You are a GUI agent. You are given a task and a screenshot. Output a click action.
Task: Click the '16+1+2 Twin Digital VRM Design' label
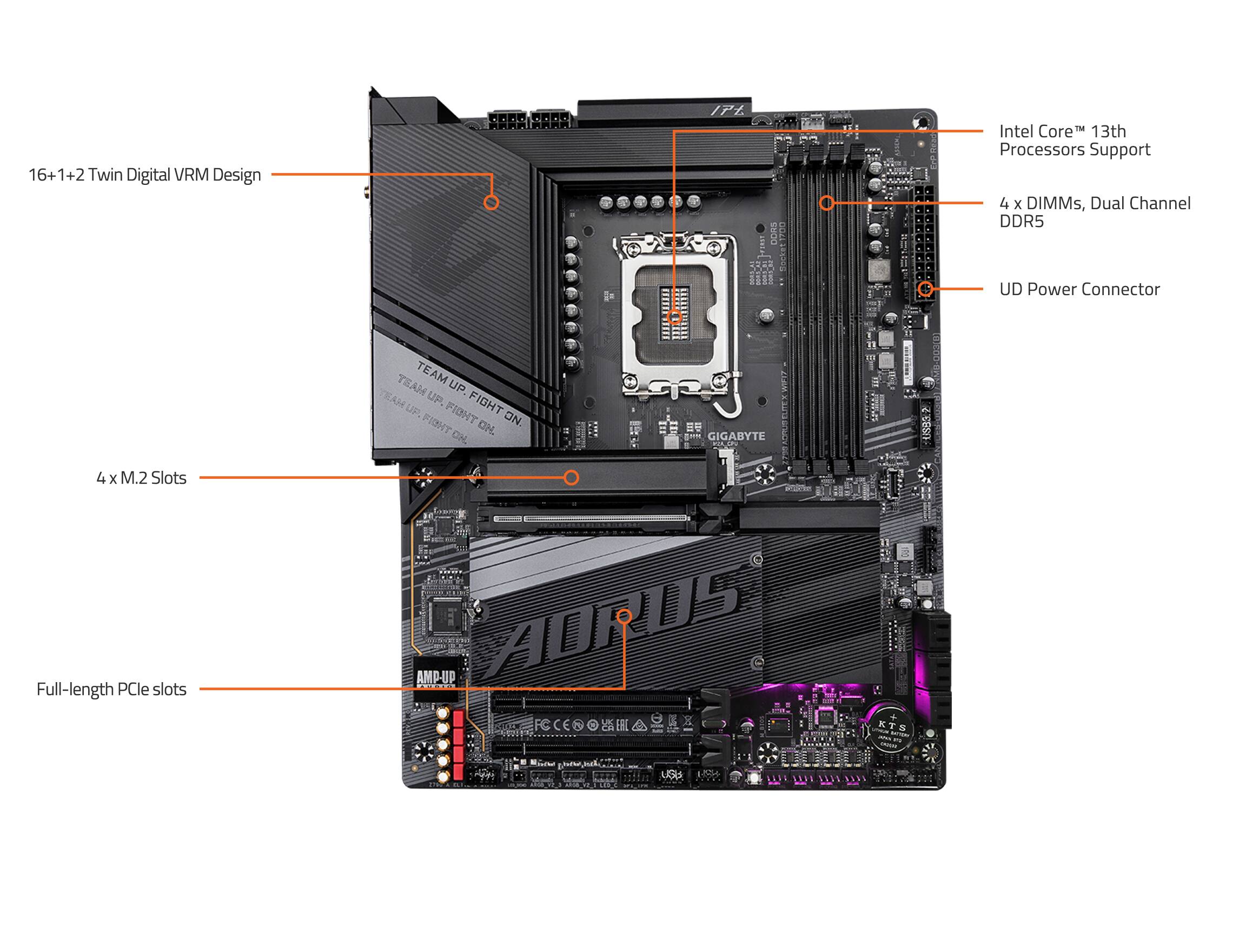pyautogui.click(x=145, y=175)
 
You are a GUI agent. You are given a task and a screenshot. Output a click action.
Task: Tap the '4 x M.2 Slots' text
pyautogui.click(x=141, y=478)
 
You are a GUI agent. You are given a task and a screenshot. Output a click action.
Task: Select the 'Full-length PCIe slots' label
pyautogui.click(x=111, y=689)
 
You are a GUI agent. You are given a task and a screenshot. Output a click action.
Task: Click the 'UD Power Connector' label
pyautogui.click(x=1079, y=289)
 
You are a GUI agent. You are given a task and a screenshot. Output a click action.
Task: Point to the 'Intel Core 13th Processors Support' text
pyautogui.click(x=1074, y=140)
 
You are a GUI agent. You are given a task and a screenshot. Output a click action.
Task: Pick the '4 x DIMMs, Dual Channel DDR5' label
pyautogui.click(x=1095, y=212)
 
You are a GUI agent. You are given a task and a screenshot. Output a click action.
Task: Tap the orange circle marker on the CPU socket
pyautogui.click(x=674, y=317)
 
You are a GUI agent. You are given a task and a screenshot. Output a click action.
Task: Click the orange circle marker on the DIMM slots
pyautogui.click(x=826, y=203)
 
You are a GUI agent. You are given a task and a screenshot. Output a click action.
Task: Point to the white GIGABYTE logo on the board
pyautogui.click(x=736, y=436)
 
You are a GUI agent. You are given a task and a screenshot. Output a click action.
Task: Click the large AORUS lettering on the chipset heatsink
pyautogui.click(x=614, y=620)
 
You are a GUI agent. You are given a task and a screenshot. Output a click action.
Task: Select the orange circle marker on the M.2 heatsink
pyautogui.click(x=571, y=478)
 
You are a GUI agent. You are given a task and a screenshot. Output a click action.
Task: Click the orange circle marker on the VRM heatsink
pyautogui.click(x=491, y=203)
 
